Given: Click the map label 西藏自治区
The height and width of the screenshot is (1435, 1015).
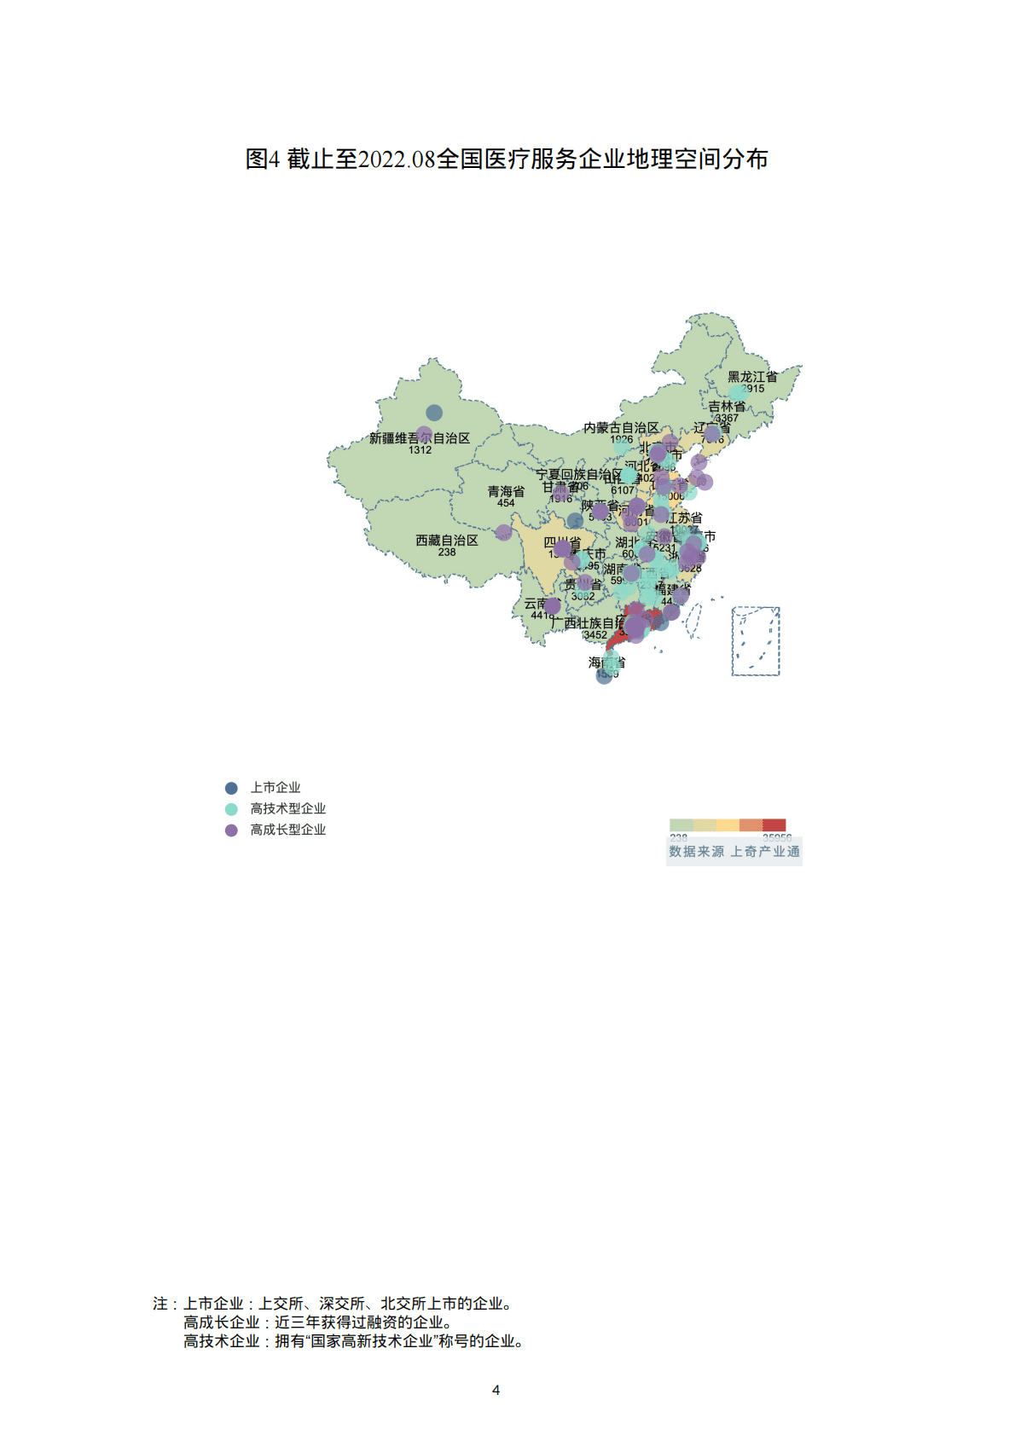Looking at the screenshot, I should pyautogui.click(x=446, y=541).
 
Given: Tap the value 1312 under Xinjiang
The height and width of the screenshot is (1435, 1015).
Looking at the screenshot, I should pyautogui.click(x=420, y=450).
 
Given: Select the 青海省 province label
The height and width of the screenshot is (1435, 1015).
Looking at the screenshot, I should pyautogui.click(x=506, y=492).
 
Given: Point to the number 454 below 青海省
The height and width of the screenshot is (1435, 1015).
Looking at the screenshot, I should pyautogui.click(x=506, y=503).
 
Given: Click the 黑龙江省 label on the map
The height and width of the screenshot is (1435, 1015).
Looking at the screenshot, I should pyautogui.click(x=752, y=377).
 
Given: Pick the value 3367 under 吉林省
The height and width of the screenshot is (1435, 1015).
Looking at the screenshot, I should pyautogui.click(x=727, y=418).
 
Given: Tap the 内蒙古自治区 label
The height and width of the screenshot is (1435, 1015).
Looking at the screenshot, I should pyautogui.click(x=621, y=428).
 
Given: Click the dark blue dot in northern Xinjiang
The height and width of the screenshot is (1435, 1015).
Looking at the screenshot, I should pyautogui.click(x=434, y=413).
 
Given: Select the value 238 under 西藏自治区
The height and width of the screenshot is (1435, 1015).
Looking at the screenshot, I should pyautogui.click(x=447, y=552).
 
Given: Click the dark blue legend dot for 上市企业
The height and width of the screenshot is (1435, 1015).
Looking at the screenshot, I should pyautogui.click(x=231, y=788).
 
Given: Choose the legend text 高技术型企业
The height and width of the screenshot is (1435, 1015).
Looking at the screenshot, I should pyautogui.click(x=287, y=809).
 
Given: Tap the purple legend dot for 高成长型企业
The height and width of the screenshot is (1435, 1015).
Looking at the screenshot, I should pyautogui.click(x=231, y=830).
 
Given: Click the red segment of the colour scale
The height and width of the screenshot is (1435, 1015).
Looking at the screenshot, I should pyautogui.click(x=774, y=825).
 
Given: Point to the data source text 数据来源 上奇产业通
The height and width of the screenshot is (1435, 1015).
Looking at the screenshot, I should pyautogui.click(x=734, y=852).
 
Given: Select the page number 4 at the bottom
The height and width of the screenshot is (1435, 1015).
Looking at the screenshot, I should pyautogui.click(x=496, y=1390).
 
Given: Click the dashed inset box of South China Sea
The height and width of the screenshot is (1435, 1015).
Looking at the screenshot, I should pyautogui.click(x=756, y=641).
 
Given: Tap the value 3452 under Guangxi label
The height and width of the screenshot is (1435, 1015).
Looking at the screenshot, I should pyautogui.click(x=595, y=634).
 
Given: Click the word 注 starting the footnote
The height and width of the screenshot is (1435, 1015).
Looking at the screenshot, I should pyautogui.click(x=160, y=1304).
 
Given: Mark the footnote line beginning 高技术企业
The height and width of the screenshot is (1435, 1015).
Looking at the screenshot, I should pyautogui.click(x=353, y=1341).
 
